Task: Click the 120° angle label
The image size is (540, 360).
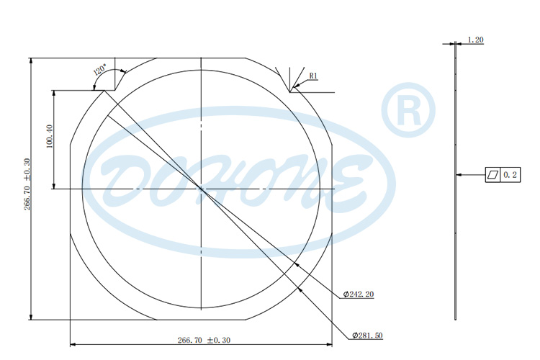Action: pos(100,71)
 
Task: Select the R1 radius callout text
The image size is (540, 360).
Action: pos(313,76)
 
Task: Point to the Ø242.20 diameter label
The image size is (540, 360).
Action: pos(359,294)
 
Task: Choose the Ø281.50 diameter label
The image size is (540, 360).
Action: pos(367,336)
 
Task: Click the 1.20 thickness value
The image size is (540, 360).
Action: pos(475,40)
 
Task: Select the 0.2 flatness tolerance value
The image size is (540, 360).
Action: pos(510,174)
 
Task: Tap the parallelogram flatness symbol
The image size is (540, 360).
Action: pos(492,174)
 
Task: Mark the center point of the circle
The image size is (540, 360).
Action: pos(202,189)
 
